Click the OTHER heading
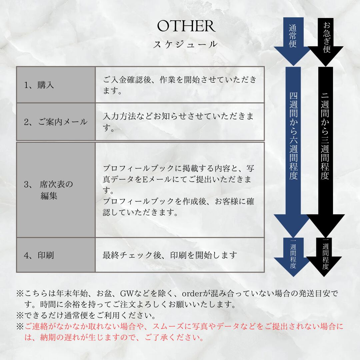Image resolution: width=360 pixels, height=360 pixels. coord(186,26)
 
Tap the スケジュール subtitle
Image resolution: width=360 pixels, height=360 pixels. coord(185,44)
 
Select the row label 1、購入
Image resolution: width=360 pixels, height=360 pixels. coord(39,85)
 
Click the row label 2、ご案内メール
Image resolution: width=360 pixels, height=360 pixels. coord(56,122)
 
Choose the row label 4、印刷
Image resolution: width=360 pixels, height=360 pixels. coord(39,255)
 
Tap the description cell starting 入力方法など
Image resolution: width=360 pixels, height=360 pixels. coord(178,121)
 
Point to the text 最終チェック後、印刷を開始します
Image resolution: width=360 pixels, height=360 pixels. coord(170,255)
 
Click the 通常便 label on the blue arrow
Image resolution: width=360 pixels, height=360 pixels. coord(293,36)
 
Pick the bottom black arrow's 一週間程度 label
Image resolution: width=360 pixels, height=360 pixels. coord(326,255)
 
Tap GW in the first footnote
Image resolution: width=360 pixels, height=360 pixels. coord(127,294)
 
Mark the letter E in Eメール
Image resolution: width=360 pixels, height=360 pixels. coord(145,180)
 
